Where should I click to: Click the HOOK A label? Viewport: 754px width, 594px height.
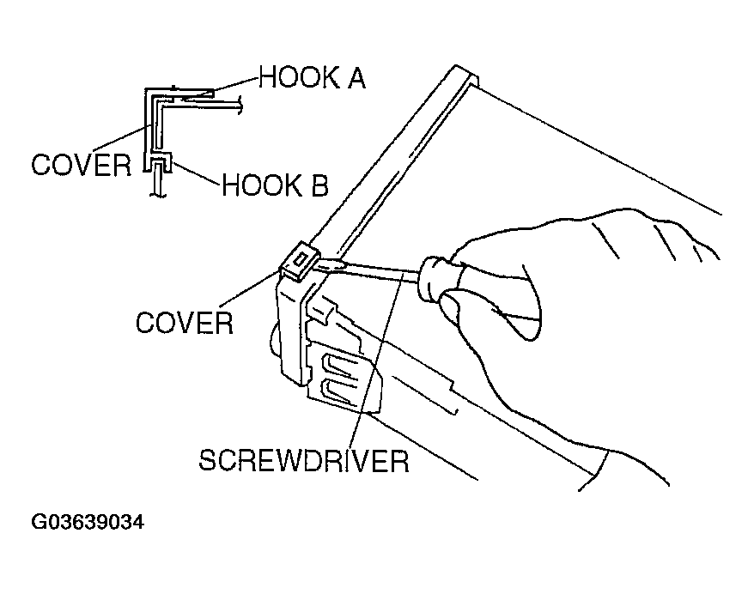(312, 79)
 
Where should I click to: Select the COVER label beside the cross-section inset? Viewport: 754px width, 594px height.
(80, 164)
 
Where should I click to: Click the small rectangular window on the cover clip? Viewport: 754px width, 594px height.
(300, 257)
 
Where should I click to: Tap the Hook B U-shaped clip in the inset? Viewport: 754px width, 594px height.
(161, 162)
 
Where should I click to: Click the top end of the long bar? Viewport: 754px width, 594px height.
(462, 75)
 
